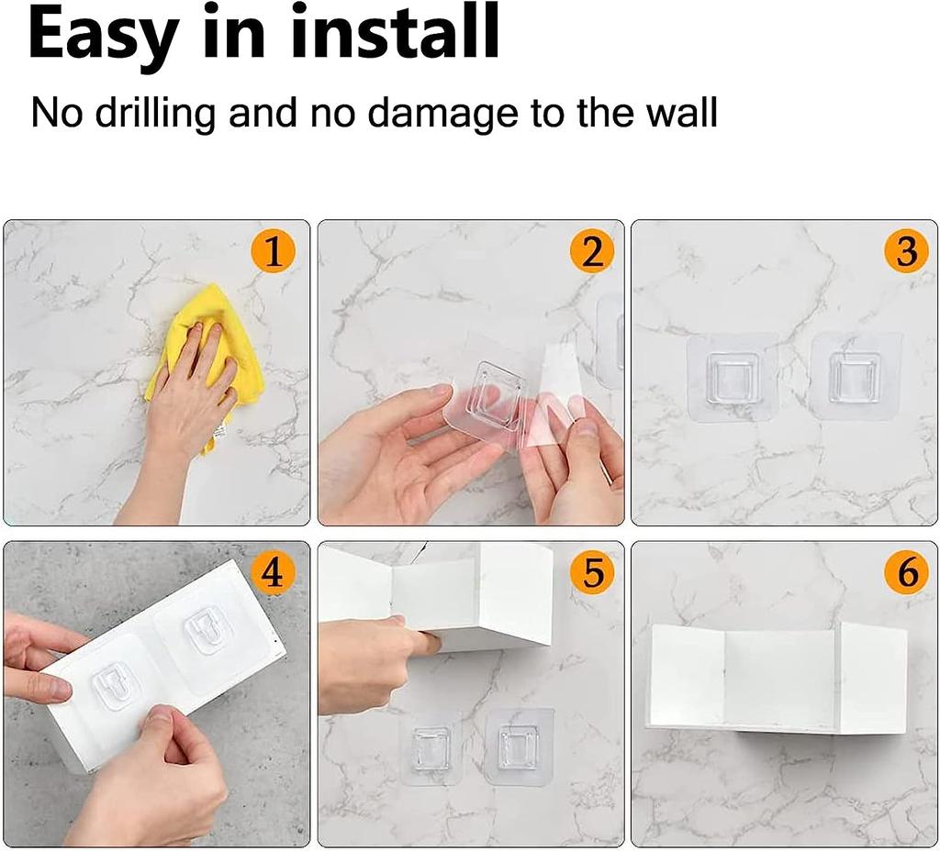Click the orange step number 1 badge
(273, 252)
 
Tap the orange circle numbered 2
(592, 252)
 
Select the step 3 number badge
(906, 252)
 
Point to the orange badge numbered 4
(273, 573)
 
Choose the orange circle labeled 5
(592, 573)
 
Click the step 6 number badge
(906, 573)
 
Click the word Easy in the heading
(103, 34)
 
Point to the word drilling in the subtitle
(147, 114)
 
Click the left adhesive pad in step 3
(733, 377)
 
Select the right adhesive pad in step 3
(855, 377)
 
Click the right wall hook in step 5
(520, 745)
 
